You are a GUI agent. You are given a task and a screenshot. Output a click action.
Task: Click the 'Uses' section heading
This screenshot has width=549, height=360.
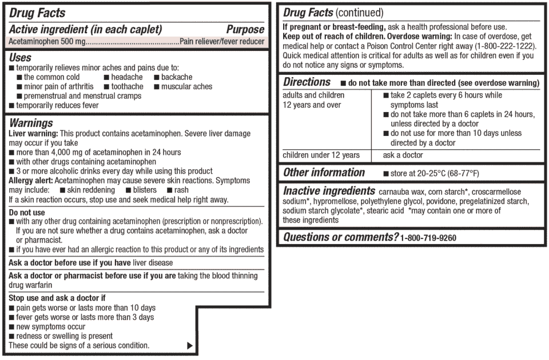tap(21, 58)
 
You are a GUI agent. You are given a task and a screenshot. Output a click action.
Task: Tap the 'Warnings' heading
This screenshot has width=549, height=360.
tap(31, 123)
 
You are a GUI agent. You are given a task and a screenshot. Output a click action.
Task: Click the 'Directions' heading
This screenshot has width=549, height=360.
tap(307, 82)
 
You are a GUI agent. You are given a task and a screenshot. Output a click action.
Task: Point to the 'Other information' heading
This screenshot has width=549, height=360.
tap(324, 173)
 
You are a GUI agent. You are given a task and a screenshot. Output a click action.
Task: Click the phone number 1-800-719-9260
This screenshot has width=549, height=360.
tap(428, 238)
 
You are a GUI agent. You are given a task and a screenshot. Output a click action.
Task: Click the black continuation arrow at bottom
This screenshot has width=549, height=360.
tap(190, 345)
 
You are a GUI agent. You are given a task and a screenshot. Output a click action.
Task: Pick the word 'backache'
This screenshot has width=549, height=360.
tap(177, 77)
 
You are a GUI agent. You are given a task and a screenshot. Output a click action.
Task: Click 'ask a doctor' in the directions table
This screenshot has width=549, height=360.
tap(403, 155)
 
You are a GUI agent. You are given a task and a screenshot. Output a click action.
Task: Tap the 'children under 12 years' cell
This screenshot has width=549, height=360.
tap(321, 155)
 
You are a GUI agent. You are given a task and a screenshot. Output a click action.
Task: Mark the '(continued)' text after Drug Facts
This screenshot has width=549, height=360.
tap(359, 13)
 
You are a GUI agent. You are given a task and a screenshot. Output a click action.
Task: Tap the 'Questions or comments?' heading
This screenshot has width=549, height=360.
tap(341, 237)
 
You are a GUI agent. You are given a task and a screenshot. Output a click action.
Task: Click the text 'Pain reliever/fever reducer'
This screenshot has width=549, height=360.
tap(221, 41)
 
